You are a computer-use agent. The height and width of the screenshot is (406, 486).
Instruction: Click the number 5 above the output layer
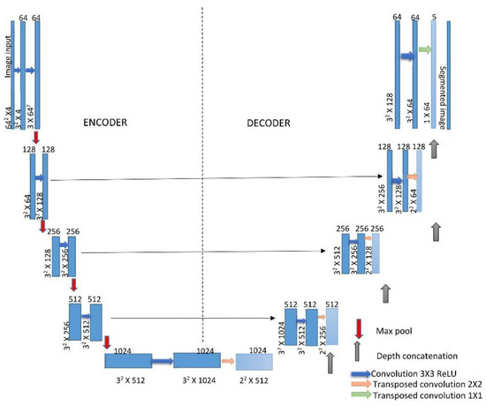(434, 15)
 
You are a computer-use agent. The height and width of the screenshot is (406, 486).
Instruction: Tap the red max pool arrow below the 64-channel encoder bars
(35, 138)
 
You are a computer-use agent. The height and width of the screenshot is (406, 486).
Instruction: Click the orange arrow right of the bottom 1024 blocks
(227, 360)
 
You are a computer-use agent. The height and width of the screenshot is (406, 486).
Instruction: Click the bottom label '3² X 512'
(130, 385)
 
